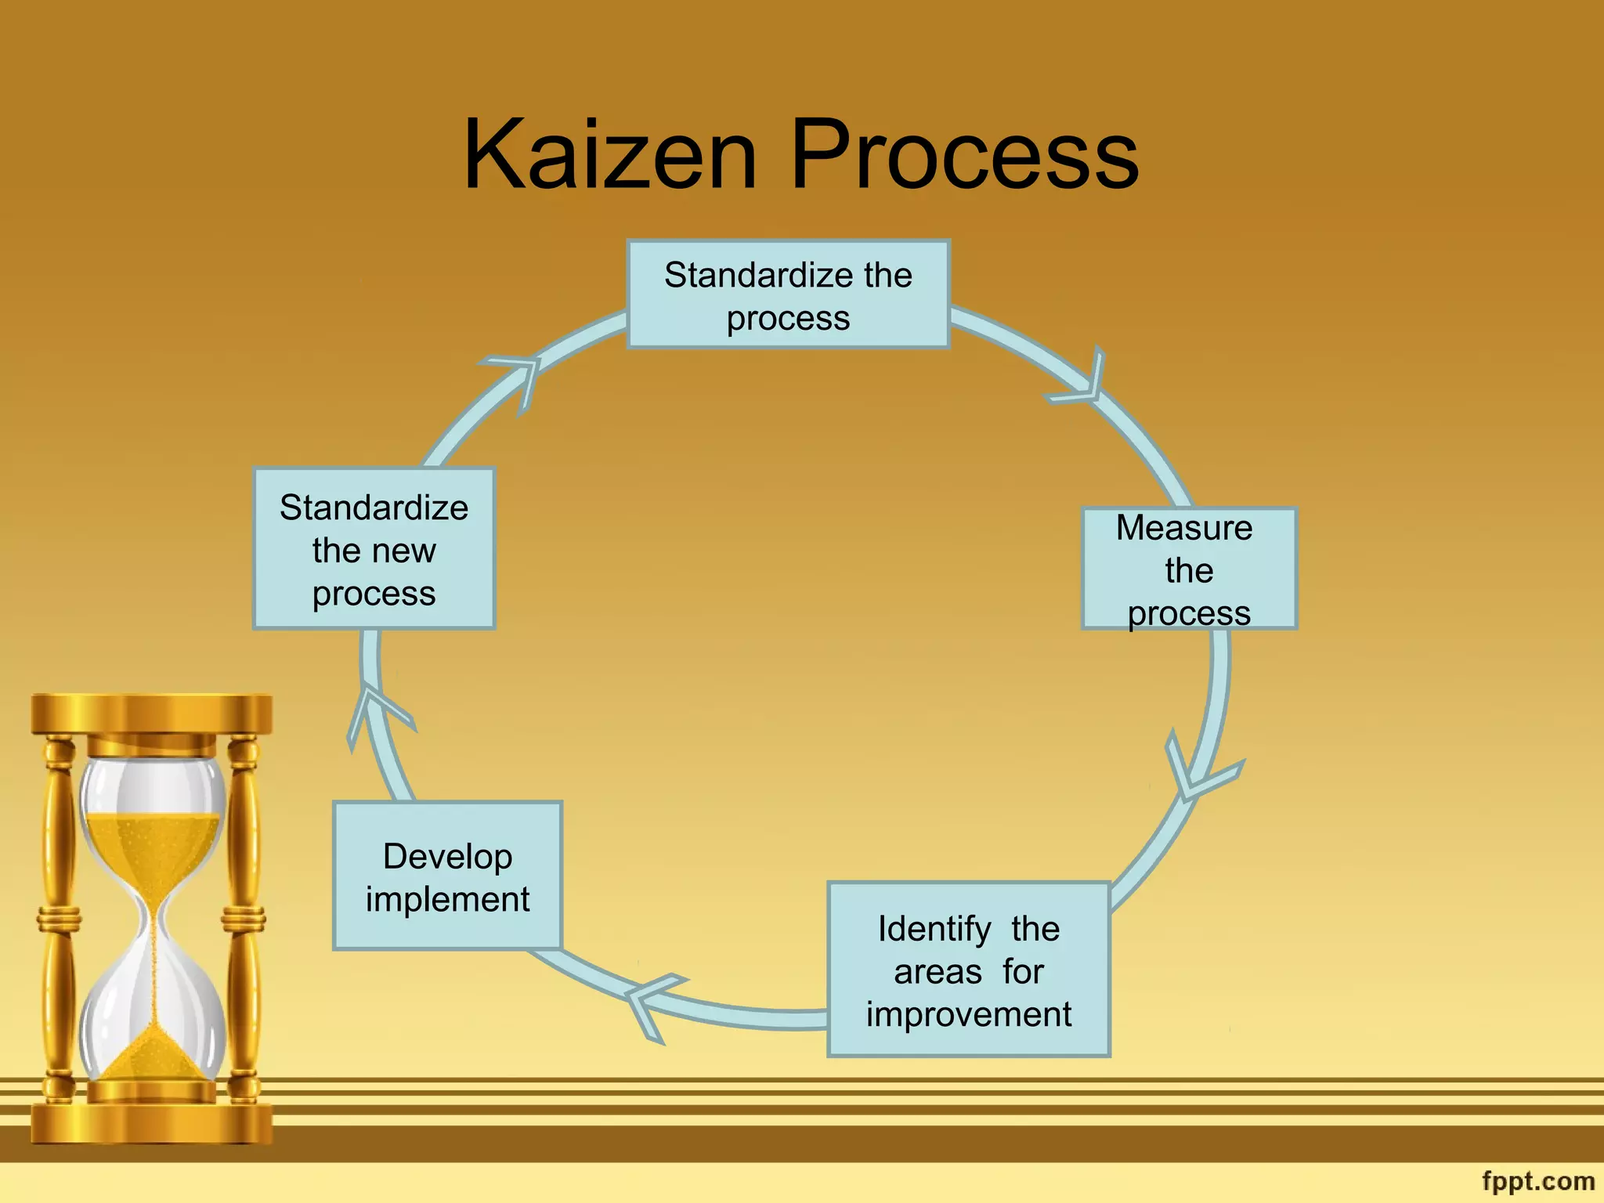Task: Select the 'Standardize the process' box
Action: (788, 294)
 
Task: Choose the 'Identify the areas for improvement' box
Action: (969, 970)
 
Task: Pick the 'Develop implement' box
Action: (447, 876)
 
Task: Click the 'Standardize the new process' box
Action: (374, 549)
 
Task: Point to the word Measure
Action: (1183, 528)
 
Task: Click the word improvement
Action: (969, 1014)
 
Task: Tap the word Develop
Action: (447, 856)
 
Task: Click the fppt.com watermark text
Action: (1537, 1180)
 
